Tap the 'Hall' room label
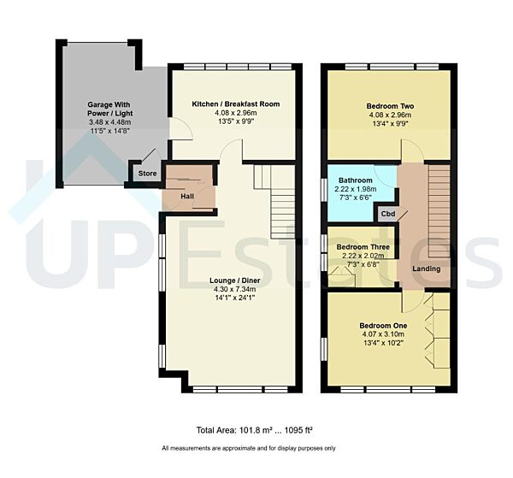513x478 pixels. (188, 196)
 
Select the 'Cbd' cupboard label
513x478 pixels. (387, 213)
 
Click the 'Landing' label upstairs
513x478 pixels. (426, 269)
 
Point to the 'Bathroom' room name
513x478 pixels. (355, 180)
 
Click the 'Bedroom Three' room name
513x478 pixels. (357, 247)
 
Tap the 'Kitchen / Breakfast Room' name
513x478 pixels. (235, 103)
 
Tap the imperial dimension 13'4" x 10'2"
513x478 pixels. (382, 345)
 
